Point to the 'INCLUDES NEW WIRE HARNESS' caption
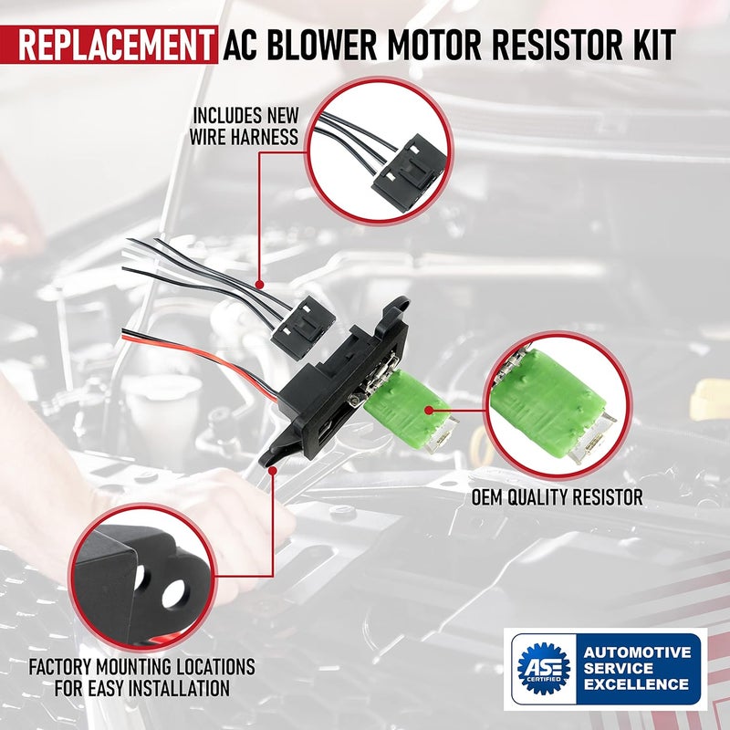coord(245,127)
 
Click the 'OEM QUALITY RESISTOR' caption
coord(558,497)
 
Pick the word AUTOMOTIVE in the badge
coord(636,652)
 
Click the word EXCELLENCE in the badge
coord(636,683)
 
